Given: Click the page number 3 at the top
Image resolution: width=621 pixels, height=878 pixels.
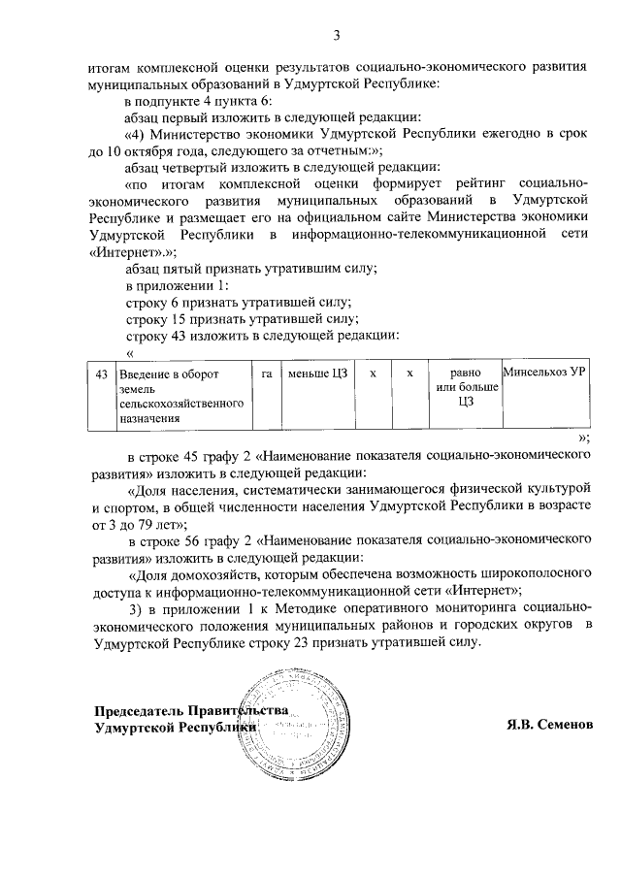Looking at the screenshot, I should (337, 37).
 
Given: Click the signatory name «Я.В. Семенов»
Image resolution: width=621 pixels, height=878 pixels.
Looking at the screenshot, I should (549, 726).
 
